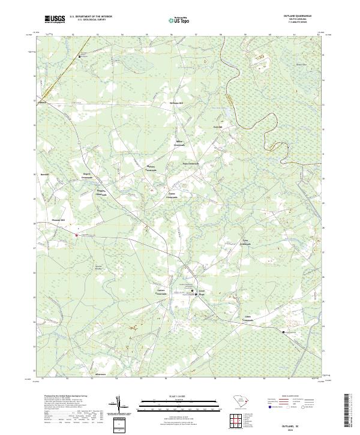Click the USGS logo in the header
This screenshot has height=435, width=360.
[56, 20]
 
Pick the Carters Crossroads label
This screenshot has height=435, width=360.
[161, 292]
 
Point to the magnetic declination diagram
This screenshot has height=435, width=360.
[119, 406]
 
